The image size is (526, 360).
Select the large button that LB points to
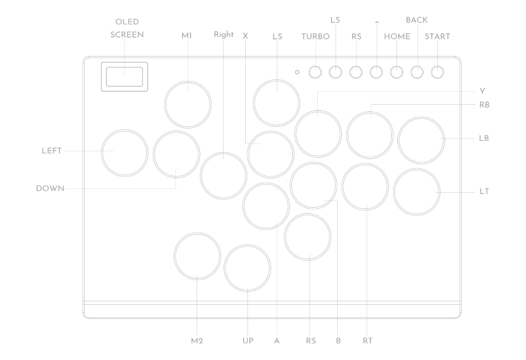pos(421,140)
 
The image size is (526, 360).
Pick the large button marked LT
pos(417,192)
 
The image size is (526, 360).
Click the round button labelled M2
pos(197,256)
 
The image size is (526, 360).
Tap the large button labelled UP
pos(247,268)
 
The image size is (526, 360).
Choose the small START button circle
pos(437,72)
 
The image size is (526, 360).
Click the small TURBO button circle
pos(315,72)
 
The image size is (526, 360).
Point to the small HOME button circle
pos(397,72)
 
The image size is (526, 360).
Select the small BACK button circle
pos(417,72)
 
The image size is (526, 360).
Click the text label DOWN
pos(50,188)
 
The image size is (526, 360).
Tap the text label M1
pos(187,36)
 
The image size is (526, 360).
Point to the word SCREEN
pos(127,35)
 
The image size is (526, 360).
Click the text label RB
pos(484,104)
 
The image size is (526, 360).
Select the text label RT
pos(367,341)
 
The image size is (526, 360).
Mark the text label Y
pos(482,91)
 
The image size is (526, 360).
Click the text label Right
pos(223,34)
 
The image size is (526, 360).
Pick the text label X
pos(245,36)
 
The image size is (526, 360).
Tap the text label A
pos(276,341)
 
